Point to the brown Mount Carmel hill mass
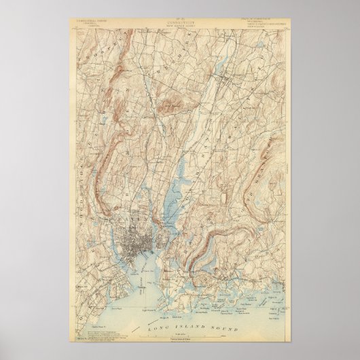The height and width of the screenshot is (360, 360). coord(172,101)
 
